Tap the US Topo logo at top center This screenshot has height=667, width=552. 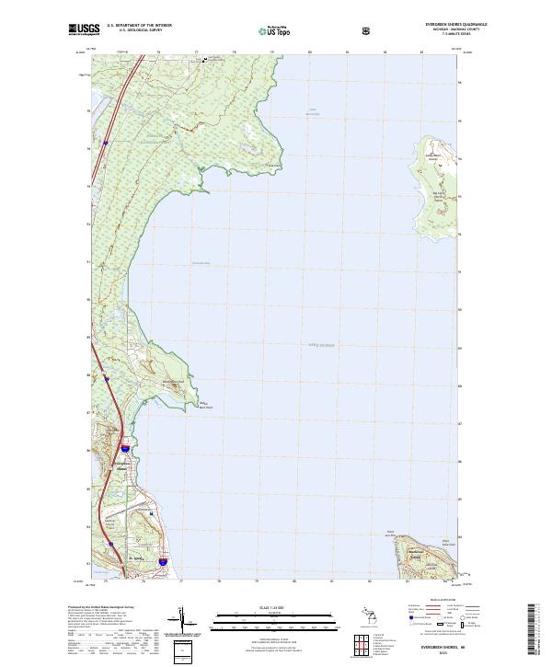click(267, 31)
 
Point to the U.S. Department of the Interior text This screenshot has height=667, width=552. click(139, 26)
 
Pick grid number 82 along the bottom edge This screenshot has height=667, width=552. click(370, 582)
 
